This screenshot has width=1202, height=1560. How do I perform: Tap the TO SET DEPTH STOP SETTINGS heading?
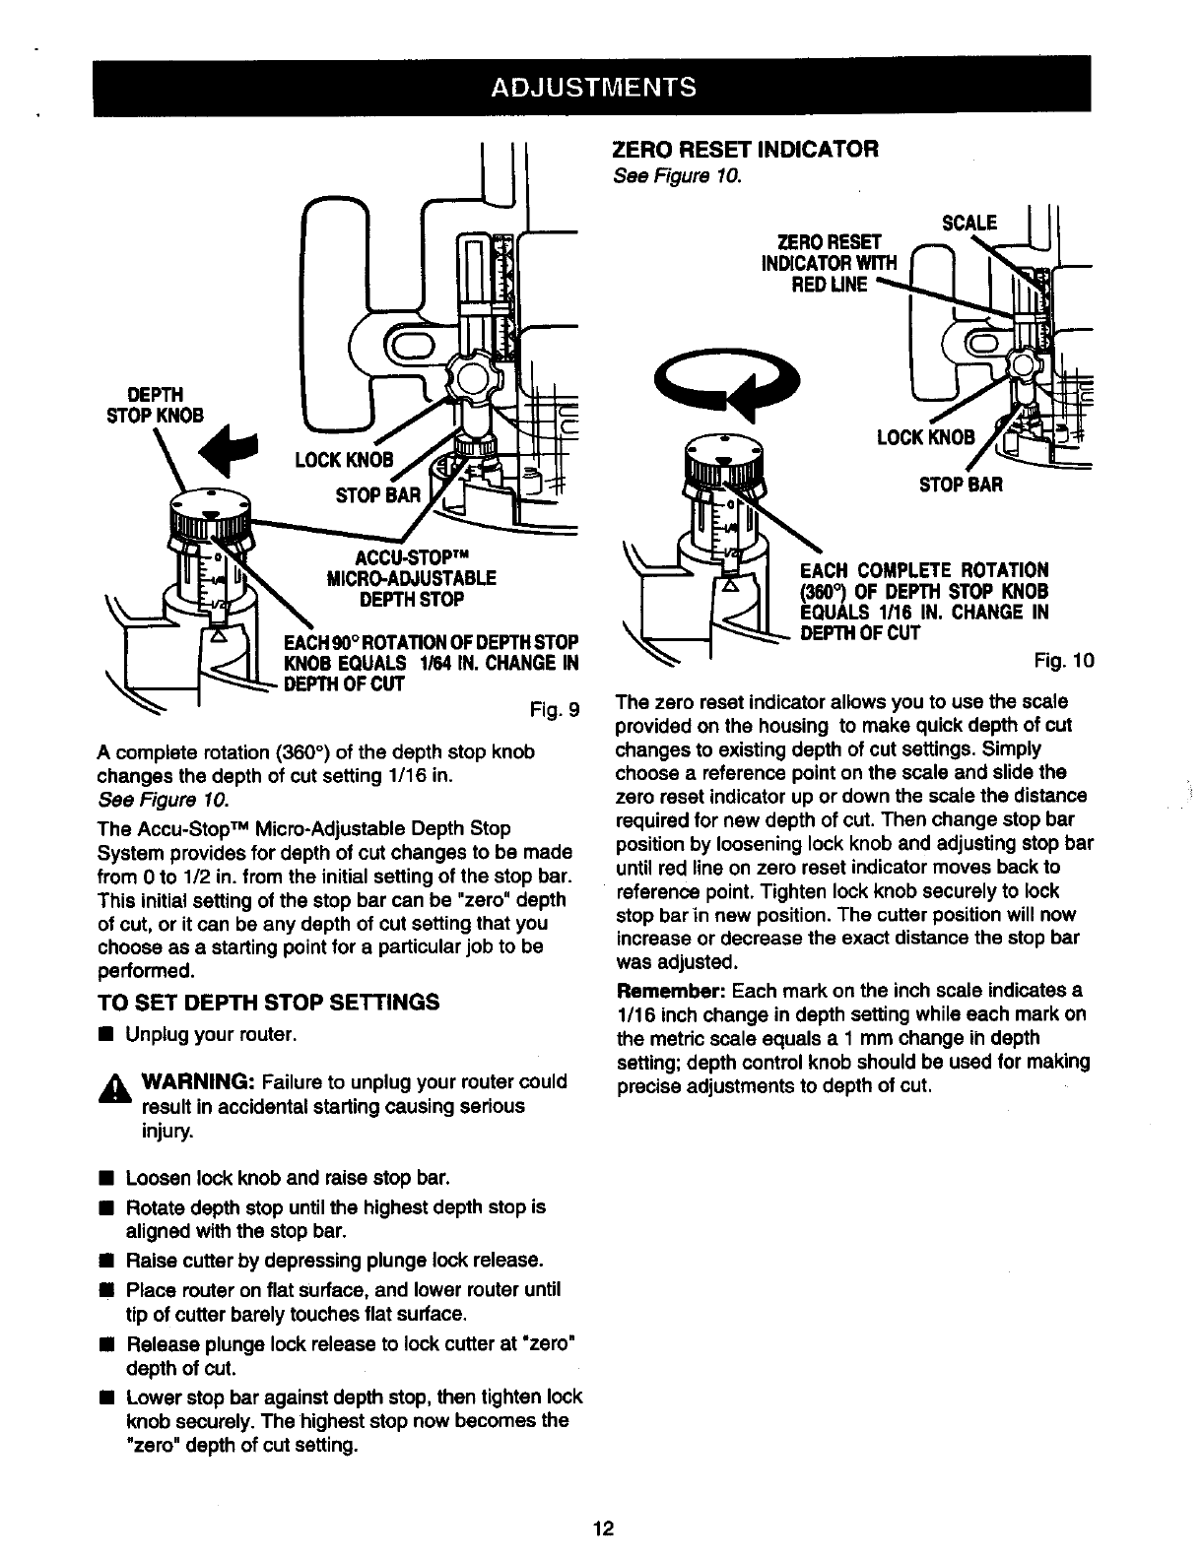pos(268,1003)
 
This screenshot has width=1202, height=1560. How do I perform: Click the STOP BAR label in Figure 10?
pos(961,484)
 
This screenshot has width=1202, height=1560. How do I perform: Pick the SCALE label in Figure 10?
pos(969,223)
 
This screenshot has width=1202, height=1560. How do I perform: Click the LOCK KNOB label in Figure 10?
pos(925,436)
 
